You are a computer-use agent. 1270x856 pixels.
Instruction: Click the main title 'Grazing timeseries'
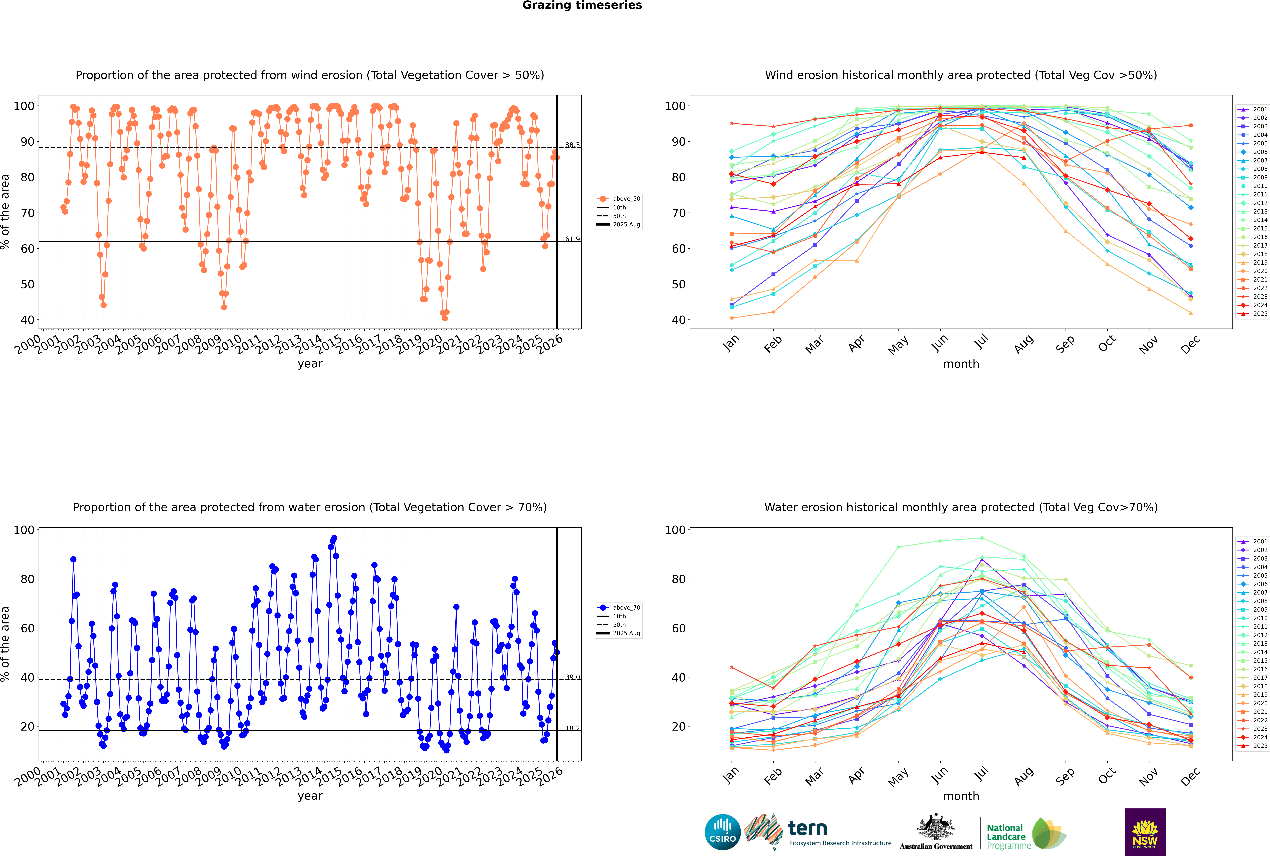click(582, 5)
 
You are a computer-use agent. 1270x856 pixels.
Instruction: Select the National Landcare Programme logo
click(1025, 834)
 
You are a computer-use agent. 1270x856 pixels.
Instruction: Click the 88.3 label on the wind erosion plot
click(572, 145)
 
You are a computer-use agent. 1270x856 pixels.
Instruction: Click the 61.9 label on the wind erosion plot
click(572, 239)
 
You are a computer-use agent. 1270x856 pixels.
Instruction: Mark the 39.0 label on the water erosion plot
click(572, 677)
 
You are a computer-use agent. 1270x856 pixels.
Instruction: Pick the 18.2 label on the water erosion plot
click(572, 728)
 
